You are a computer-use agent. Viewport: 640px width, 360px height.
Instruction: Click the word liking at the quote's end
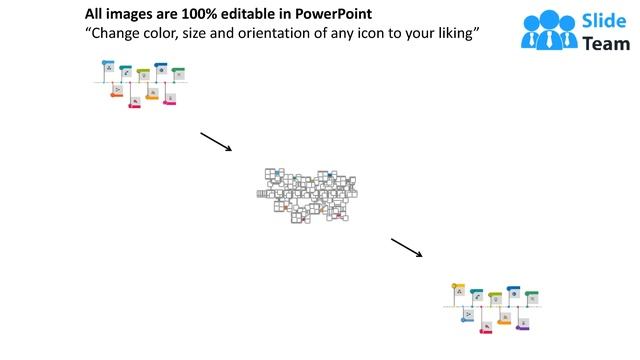pos(452,33)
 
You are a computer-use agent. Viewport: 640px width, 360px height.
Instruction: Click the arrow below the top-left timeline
pos(216,141)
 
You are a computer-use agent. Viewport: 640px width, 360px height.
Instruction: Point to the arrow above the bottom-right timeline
pos(406,248)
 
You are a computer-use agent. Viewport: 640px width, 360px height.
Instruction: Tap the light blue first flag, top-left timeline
pos(107,64)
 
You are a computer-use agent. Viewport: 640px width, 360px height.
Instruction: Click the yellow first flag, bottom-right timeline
pos(457,286)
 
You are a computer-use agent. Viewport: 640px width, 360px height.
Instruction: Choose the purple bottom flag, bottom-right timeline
pos(522,326)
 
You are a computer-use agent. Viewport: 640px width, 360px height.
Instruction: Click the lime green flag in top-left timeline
pos(143,71)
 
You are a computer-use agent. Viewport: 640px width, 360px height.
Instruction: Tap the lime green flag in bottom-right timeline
pos(494,295)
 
